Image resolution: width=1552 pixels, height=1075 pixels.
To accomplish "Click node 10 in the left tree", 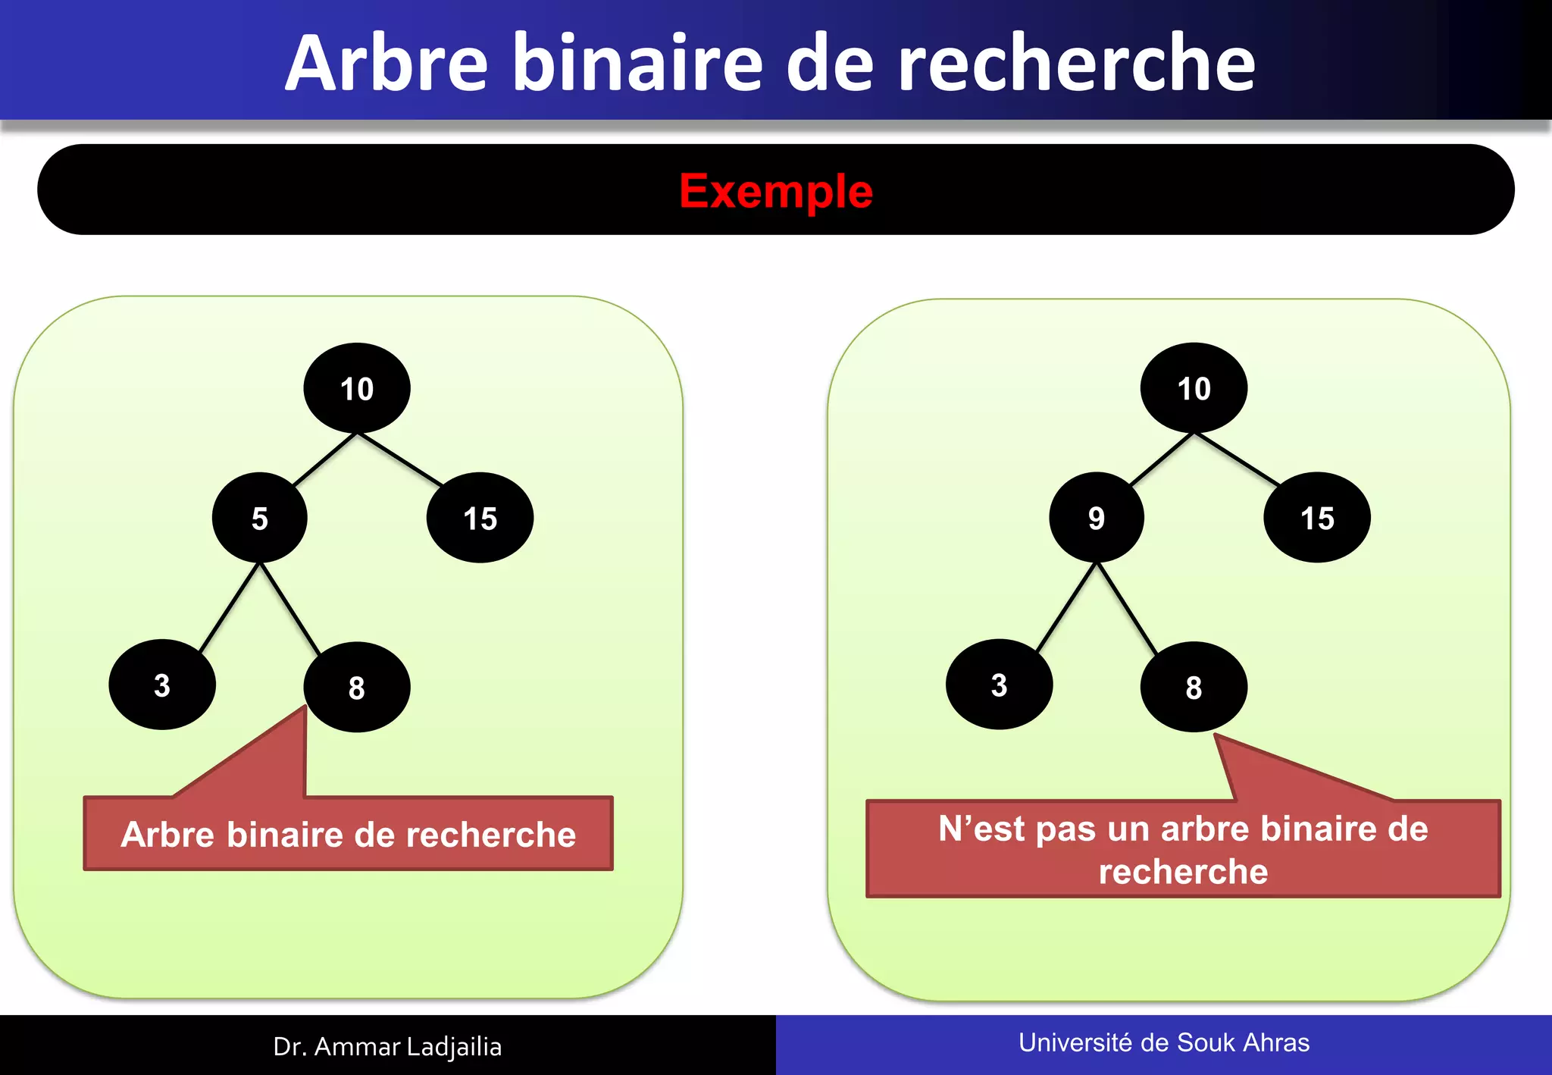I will pos(357,388).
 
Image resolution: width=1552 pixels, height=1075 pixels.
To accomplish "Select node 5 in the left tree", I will pos(259,519).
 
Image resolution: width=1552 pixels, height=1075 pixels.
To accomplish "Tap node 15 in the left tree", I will pos(480,519).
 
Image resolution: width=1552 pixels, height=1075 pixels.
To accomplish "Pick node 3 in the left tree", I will pos(162,685).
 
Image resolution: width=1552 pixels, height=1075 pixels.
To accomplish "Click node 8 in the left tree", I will pos(357,687).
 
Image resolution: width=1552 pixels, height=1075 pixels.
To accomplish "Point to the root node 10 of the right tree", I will pos(1194,388).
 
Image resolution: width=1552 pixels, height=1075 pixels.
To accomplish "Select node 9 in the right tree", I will pos(1096,519).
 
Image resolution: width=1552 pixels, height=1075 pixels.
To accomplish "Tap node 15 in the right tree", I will pos(1317,519).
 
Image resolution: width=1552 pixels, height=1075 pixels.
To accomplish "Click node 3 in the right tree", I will pos(999,685).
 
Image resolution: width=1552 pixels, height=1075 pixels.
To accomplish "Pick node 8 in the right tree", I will pos(1194,687).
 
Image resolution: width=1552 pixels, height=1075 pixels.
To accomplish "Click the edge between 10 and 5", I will pos(324,459).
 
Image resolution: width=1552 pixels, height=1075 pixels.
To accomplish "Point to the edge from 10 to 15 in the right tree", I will pos(1237,459).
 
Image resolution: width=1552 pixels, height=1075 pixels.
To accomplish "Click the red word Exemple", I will pos(776,191).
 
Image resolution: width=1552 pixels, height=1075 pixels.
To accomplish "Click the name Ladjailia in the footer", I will pos(454,1047).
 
